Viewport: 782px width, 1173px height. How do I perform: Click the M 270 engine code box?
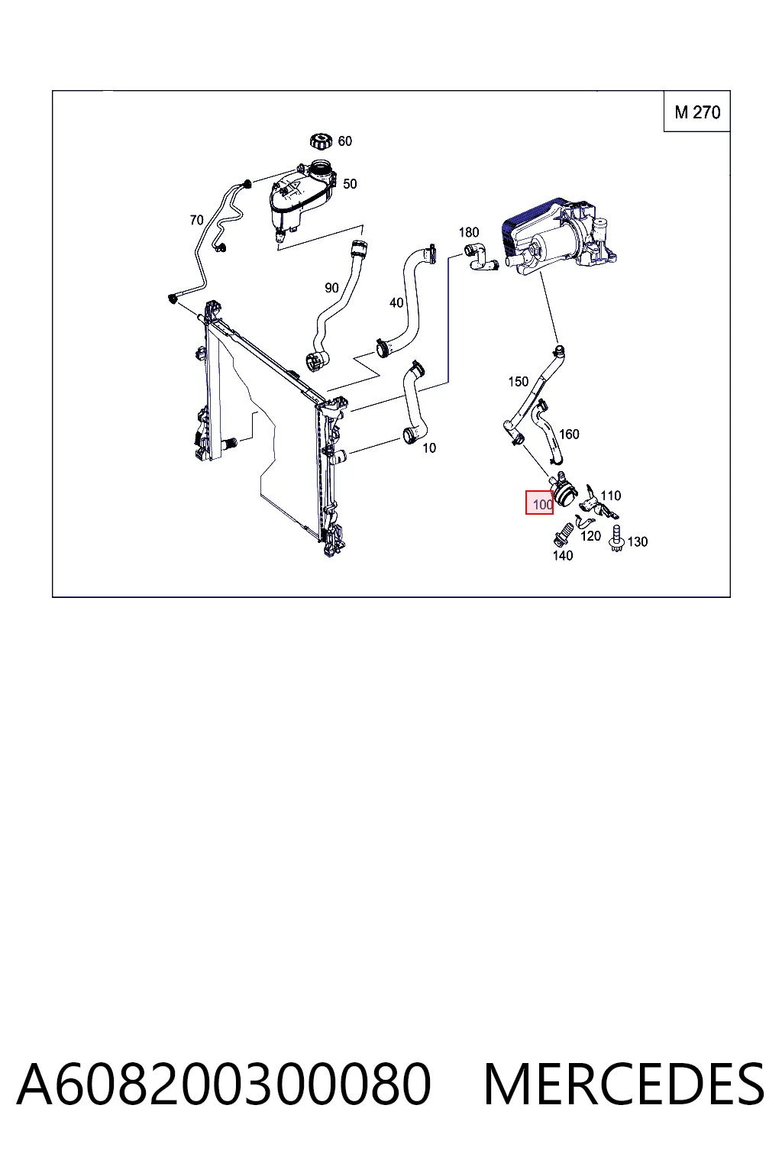pos(696,111)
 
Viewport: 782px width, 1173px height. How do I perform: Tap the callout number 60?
pos(344,141)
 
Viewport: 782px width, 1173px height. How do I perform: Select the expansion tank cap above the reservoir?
pos(321,141)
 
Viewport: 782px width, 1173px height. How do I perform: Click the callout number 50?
pos(350,184)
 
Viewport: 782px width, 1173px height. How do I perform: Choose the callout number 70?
pos(196,220)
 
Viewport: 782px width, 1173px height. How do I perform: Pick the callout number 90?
pos(331,287)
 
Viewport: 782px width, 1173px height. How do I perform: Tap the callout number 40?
pos(396,302)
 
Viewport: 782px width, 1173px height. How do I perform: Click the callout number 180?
pos(469,232)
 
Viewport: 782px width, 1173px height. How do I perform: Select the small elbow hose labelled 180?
pos(480,257)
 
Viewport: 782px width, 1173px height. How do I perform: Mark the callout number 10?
pos(429,448)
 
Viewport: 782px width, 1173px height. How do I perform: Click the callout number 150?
pos(518,382)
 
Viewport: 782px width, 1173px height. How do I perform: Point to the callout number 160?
pos(569,434)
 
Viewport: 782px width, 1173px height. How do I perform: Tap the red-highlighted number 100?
pos(539,503)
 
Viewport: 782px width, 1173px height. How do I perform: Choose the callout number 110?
pos(611,496)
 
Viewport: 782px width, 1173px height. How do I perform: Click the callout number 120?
pos(591,535)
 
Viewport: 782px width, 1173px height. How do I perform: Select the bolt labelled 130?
pos(616,538)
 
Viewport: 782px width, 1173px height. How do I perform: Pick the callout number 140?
pos(563,556)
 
